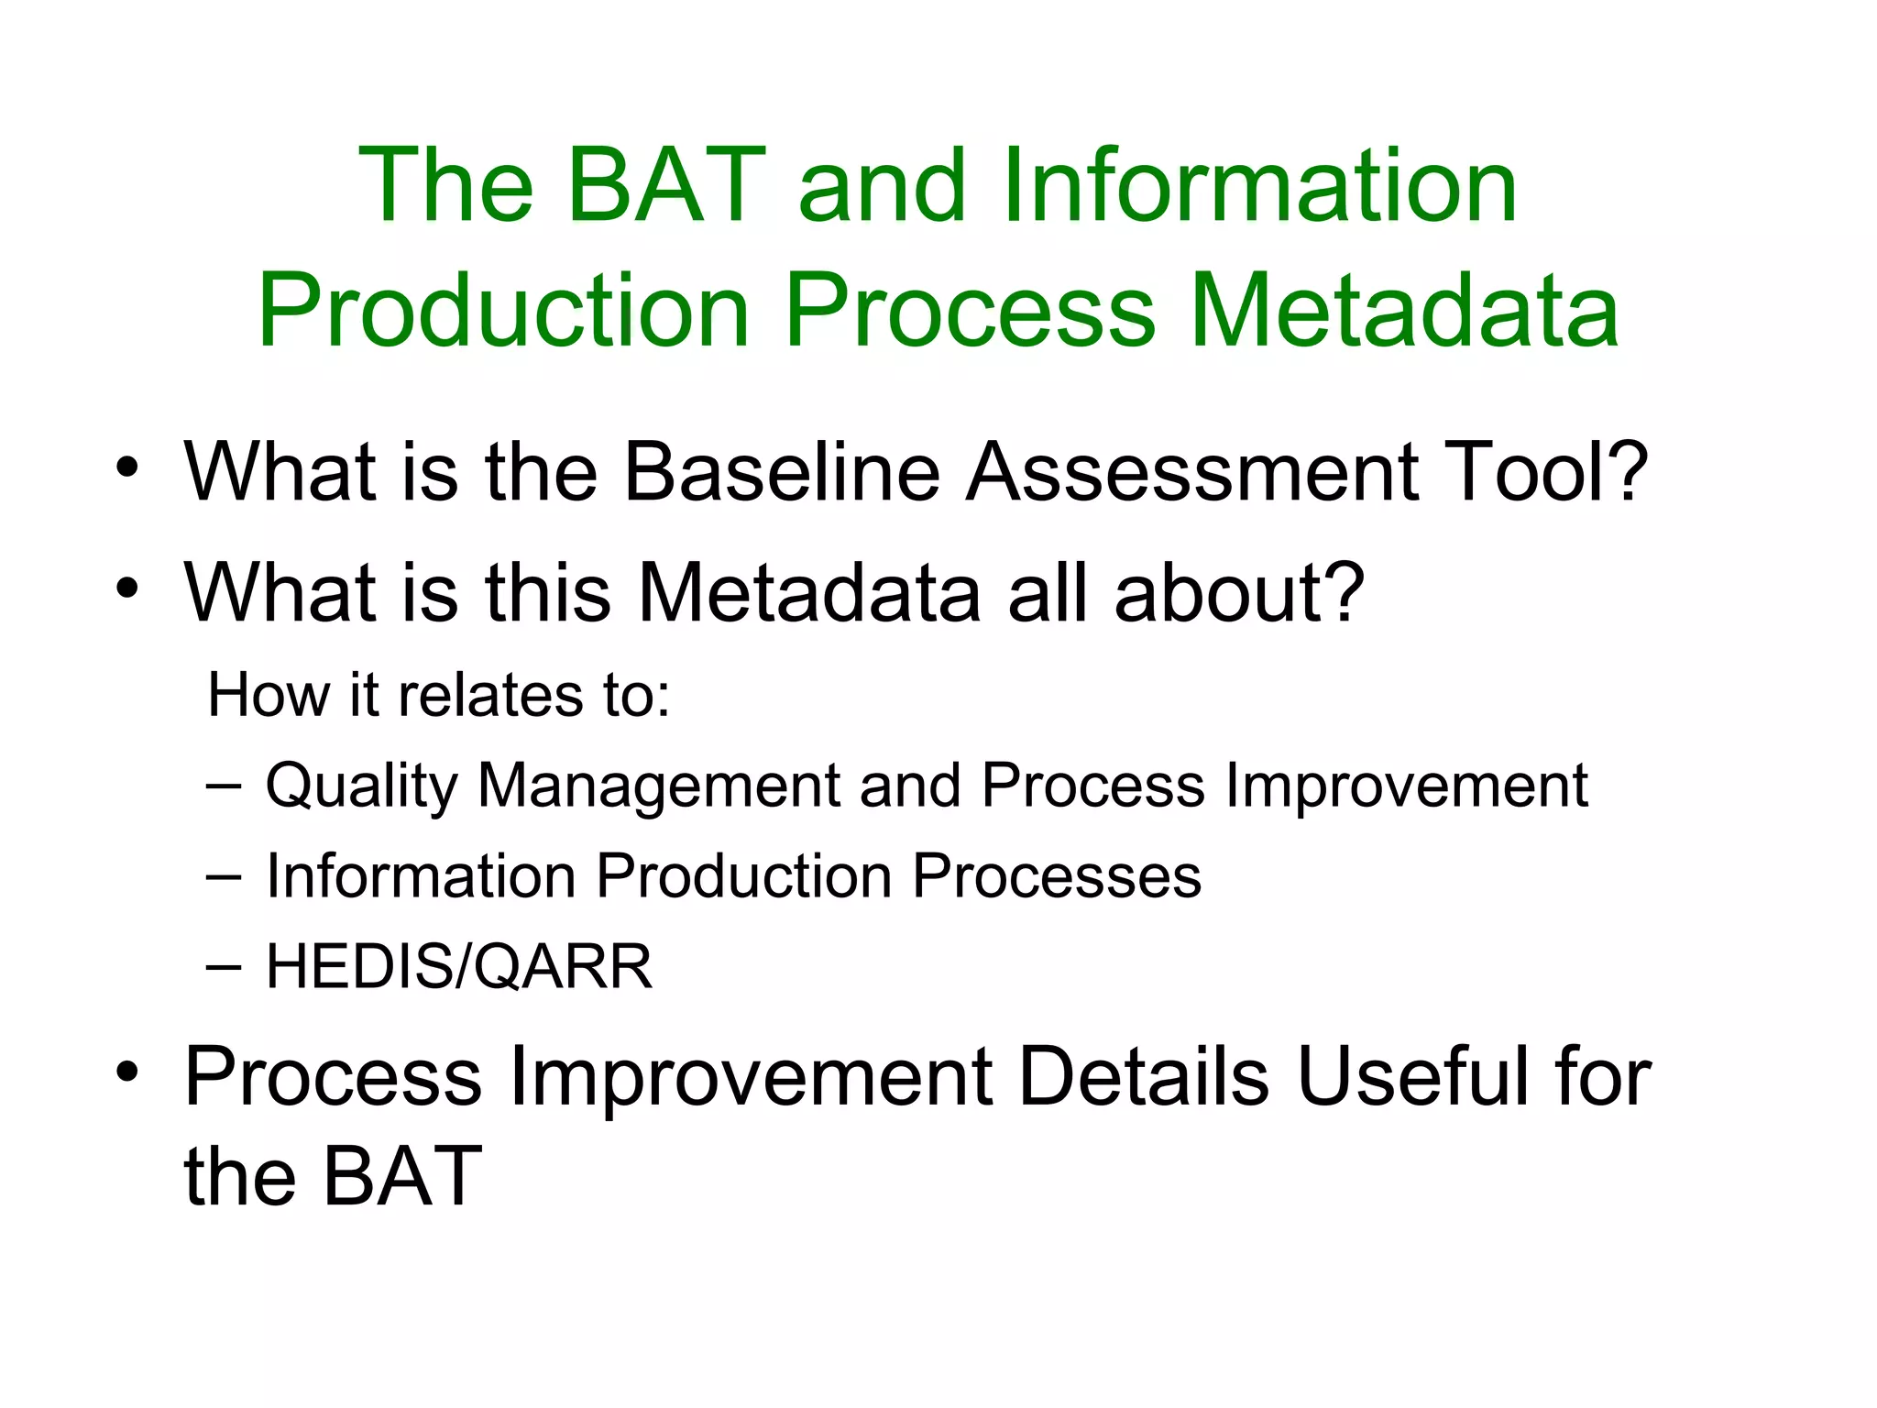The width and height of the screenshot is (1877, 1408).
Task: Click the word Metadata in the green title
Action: tap(1404, 311)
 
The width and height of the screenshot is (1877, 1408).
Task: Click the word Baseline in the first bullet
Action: tap(782, 472)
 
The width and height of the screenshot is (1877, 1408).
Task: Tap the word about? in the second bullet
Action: tap(1239, 593)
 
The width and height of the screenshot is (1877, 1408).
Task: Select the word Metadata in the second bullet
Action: tap(810, 593)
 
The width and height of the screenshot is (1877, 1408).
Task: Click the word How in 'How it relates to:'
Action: tap(268, 694)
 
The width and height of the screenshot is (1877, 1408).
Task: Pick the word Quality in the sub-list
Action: tap(361, 787)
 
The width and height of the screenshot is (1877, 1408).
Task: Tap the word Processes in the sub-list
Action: tap(1056, 875)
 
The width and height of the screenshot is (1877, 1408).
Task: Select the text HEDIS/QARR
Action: tap(459, 966)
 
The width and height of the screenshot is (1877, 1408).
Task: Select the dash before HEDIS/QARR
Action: tap(225, 967)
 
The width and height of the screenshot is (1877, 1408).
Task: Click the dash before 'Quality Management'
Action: tap(225, 786)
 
